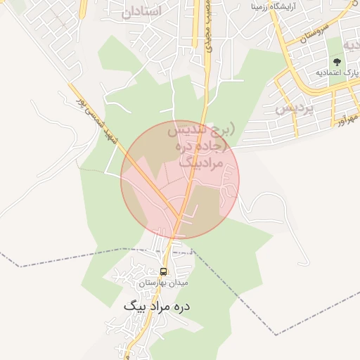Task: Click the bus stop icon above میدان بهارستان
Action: pyautogui.click(x=164, y=271)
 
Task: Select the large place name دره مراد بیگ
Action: pyautogui.click(x=157, y=307)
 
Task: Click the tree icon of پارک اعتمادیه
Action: pyautogui.click(x=337, y=61)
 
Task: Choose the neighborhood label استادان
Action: pyautogui.click(x=141, y=12)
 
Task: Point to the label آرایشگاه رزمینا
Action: pyautogui.click(x=284, y=7)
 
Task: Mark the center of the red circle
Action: pyautogui.click(x=180, y=180)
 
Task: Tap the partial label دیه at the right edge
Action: pyautogui.click(x=351, y=44)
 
